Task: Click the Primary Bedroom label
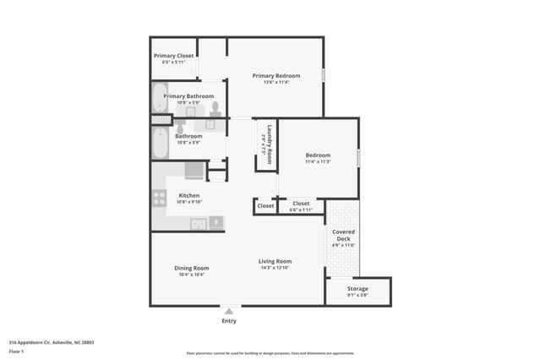(x=276, y=75)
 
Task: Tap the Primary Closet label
(x=173, y=56)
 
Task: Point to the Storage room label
(x=358, y=288)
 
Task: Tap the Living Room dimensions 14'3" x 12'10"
(x=275, y=268)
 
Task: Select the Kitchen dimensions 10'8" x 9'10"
(x=189, y=202)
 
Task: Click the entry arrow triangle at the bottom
(x=229, y=311)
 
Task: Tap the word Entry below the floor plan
(x=229, y=321)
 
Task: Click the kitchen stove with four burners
(x=159, y=199)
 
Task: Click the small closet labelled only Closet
(x=265, y=205)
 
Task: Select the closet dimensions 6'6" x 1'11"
(x=301, y=209)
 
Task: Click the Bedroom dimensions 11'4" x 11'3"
(x=318, y=162)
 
